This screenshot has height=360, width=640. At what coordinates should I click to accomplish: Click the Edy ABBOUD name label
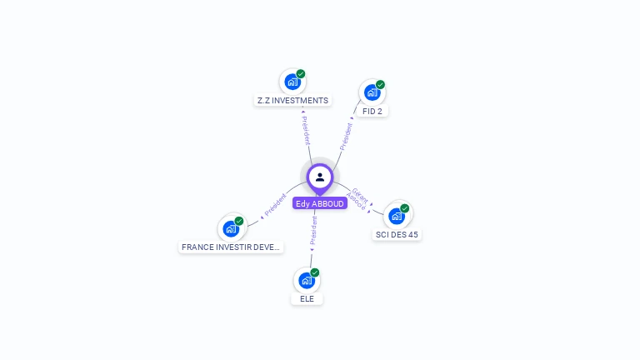319,203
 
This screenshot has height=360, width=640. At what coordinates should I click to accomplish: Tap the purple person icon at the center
320,177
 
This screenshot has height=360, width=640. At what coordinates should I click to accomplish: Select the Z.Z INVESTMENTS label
292,100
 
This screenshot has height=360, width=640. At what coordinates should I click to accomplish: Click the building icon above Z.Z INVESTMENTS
292,82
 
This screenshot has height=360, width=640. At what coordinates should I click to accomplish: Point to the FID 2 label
372,111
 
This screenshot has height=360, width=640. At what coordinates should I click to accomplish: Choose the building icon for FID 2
372,92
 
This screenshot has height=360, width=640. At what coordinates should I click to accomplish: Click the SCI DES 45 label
397,234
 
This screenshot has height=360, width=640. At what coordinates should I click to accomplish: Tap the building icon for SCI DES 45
397,216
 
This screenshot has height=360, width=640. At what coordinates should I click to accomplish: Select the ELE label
307,298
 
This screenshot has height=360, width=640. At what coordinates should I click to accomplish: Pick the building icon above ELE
307,280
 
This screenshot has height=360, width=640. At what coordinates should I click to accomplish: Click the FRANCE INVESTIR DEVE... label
232,247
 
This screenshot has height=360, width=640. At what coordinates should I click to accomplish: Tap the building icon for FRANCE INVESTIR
231,228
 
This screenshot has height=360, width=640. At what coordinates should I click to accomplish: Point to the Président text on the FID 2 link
346,136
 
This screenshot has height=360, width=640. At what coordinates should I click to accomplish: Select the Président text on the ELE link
313,230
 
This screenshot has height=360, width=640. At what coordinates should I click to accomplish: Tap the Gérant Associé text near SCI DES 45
358,198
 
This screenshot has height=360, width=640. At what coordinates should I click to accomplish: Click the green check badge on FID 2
380,84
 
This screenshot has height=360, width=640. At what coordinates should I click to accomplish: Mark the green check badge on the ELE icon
315,272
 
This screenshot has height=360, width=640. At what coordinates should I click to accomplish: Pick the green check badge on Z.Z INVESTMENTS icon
301,74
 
